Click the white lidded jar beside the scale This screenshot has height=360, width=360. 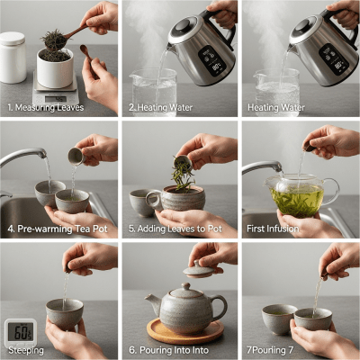pos(13,58)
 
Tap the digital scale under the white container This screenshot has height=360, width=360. pos(53,94)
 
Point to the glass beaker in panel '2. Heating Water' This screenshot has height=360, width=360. pos(153,92)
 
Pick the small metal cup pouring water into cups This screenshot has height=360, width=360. pos(76,156)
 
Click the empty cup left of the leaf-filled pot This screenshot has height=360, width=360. pos(141,202)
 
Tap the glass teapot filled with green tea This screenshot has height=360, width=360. pos(297,194)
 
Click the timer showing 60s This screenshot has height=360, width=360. pos(19,332)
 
